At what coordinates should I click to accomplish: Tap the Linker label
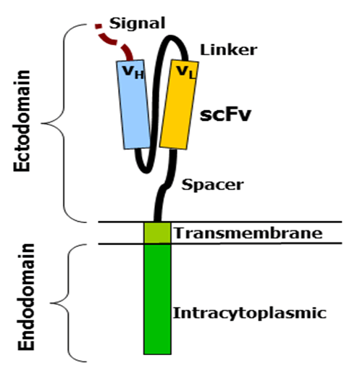228,50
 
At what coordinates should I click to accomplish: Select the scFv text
225,114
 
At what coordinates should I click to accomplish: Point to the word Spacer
212,185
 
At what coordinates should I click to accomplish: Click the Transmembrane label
248,233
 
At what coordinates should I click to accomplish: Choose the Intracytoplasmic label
250,313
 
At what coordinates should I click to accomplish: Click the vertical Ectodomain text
22,121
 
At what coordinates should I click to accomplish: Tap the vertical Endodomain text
26,297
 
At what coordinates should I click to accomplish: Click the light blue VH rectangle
133,104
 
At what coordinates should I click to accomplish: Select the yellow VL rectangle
179,104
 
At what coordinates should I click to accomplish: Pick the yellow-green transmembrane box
157,233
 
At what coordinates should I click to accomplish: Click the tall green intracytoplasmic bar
157,299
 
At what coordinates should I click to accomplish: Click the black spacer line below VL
166,186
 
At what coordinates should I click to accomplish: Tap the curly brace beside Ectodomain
64,123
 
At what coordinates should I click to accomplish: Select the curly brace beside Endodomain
68,303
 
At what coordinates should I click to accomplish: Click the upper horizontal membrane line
219,222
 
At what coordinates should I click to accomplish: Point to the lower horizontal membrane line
219,243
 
